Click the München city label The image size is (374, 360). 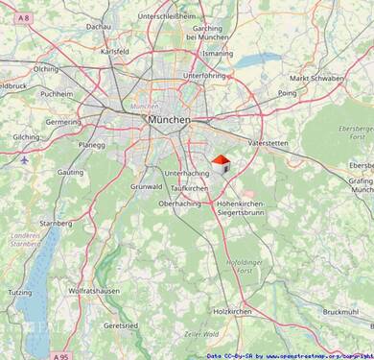(x=169, y=118)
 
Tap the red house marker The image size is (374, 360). (x=221, y=163)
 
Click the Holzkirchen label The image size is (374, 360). (x=233, y=312)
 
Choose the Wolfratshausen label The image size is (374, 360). (x=94, y=290)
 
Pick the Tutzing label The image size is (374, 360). (x=21, y=291)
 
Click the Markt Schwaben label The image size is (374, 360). (x=316, y=78)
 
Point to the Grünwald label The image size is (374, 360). (x=147, y=186)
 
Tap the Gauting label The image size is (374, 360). (x=72, y=171)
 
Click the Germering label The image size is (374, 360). (x=63, y=122)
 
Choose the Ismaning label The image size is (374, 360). (x=218, y=54)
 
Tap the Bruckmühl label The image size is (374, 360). (x=340, y=312)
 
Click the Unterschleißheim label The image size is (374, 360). (x=167, y=16)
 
